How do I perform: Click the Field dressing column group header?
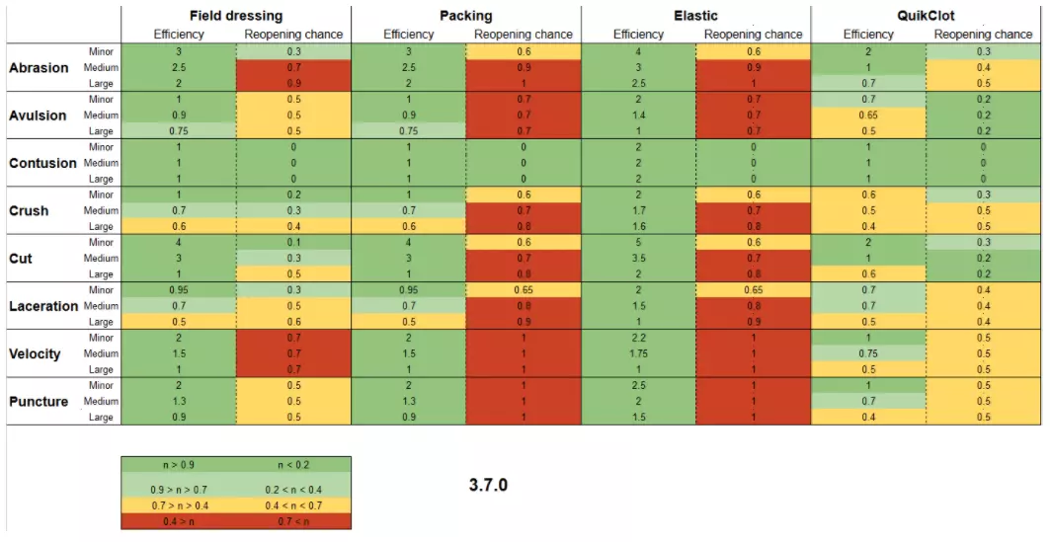coord(235,16)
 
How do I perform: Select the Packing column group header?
coord(465,16)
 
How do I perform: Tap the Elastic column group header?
coord(695,16)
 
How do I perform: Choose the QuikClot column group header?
coord(926,16)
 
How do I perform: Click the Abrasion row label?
coord(39,68)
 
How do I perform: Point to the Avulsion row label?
coord(38,116)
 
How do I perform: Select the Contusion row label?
coord(42,163)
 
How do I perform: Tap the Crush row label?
coord(30,210)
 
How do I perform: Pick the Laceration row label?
coord(43,306)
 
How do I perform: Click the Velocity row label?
coord(35,353)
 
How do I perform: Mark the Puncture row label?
coord(38,401)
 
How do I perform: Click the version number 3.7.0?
coord(488,486)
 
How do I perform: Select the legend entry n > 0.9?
coord(179,462)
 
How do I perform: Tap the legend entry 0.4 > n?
coord(179,521)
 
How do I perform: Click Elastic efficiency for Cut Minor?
coord(638,243)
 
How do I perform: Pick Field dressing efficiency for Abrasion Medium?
coord(179,68)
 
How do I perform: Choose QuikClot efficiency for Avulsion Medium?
coord(868,116)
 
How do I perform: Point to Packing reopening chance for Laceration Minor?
coord(524,290)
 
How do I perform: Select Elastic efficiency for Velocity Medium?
coord(638,353)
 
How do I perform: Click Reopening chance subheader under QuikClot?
coord(983,35)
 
